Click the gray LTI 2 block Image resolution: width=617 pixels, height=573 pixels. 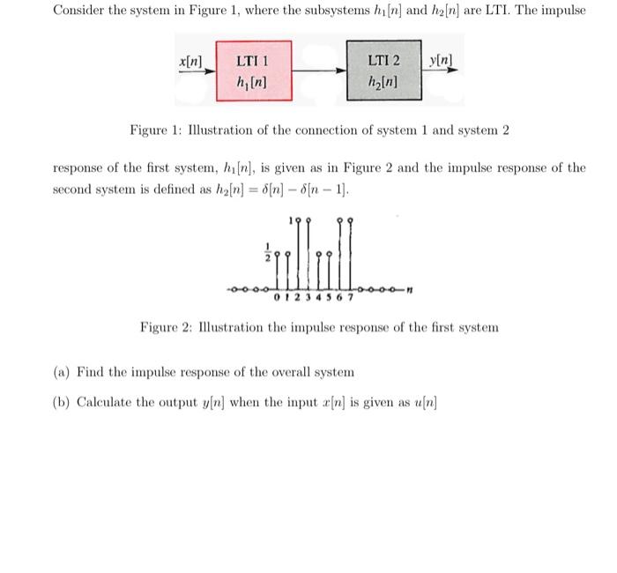click(x=383, y=71)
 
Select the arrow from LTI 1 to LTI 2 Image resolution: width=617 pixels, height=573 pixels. click(x=318, y=71)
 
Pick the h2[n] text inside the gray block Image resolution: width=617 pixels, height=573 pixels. click(x=383, y=84)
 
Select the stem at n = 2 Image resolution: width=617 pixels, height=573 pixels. click(x=298, y=256)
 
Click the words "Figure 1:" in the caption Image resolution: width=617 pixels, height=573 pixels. click(x=155, y=130)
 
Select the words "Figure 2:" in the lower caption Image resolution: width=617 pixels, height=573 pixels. click(x=166, y=327)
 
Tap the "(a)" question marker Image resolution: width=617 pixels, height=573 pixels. click(x=63, y=372)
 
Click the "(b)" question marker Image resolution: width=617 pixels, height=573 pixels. click(x=63, y=402)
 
